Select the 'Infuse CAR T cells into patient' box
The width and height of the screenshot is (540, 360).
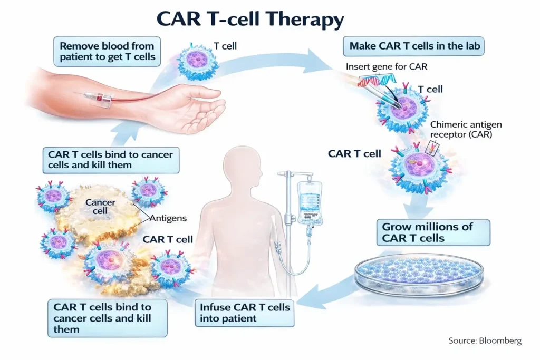tap(245, 313)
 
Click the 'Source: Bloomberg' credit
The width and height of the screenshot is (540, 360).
tap(485, 340)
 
